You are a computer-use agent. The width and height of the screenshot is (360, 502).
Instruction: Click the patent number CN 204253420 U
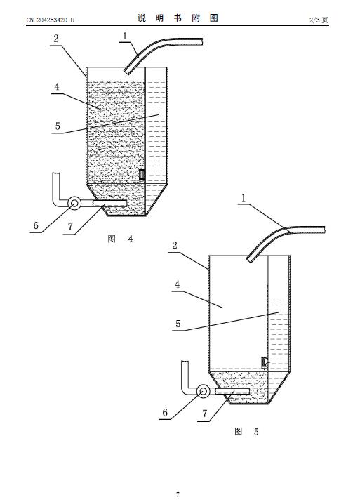coord(50,20)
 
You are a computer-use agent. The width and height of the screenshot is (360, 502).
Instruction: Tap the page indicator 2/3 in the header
coord(313,20)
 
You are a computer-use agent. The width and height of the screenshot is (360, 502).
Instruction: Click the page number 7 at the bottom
coord(178,494)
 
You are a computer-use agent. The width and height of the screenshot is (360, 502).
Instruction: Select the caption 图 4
coord(120,239)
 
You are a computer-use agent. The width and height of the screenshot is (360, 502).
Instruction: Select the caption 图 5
coord(246,432)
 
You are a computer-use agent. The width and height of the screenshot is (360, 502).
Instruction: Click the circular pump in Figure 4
coord(75,203)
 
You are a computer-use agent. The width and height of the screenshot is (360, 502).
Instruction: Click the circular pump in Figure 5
coord(203,392)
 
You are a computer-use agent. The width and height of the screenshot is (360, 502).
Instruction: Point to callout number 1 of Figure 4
coord(125,36)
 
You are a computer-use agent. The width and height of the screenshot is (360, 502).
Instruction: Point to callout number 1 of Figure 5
coord(244,198)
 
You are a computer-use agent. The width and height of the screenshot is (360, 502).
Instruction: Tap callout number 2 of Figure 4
coord(56,39)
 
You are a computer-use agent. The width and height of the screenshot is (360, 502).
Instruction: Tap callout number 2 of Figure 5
coord(175,246)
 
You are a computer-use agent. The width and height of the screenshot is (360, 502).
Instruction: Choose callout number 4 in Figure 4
coord(57,87)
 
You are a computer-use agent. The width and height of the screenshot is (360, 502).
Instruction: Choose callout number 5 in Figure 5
coord(178,324)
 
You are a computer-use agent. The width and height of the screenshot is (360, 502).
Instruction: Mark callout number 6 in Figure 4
coord(36,225)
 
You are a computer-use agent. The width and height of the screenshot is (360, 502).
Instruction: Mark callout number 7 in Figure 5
coord(204,414)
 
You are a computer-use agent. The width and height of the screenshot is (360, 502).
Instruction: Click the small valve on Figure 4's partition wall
coord(142,175)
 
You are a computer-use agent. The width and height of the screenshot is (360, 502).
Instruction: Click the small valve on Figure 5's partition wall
coord(264,362)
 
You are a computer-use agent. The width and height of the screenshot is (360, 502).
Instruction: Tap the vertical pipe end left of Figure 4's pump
coord(56,174)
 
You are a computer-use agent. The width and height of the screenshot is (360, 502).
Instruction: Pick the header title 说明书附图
coord(178,18)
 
